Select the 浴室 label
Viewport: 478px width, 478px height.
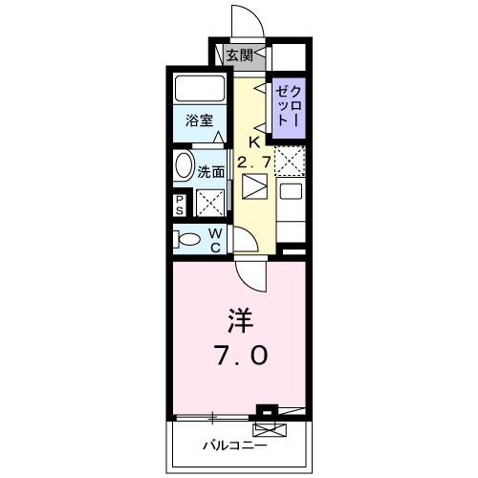(x=199, y=122)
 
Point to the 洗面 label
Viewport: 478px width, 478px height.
(x=211, y=172)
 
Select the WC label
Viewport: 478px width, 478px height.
(x=216, y=241)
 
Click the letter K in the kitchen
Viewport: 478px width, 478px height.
(x=254, y=143)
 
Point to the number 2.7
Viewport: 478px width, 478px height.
(x=253, y=163)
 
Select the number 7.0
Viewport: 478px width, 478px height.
(x=242, y=356)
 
